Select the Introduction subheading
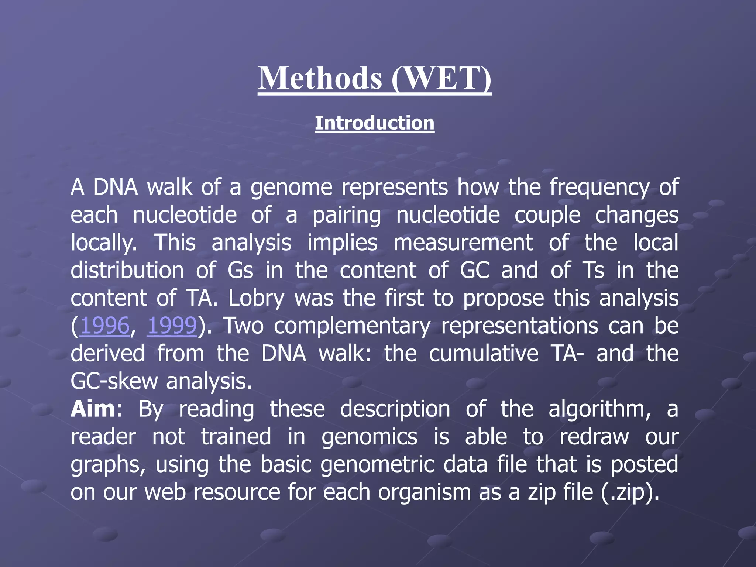tap(374, 123)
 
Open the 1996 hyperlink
tap(105, 326)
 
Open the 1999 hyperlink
tap(172, 326)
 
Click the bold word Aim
tap(93, 409)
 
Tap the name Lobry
tap(256, 298)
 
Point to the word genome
tap(291, 188)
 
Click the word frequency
tap(599, 188)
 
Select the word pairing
tap(347, 215)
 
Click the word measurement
tap(463, 243)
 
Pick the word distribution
tap(127, 271)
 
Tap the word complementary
tap(352, 326)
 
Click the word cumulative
tap(484, 354)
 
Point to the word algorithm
tap(599, 409)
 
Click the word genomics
tap(369, 437)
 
